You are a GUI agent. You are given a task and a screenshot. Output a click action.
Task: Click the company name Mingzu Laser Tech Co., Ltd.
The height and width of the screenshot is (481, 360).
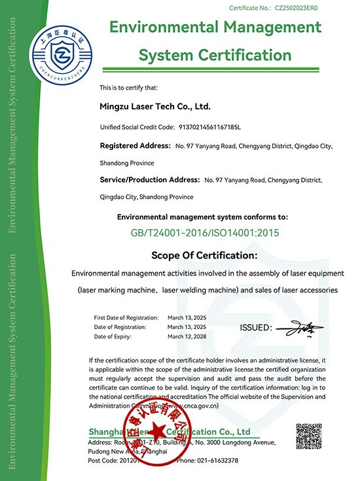coord(155,105)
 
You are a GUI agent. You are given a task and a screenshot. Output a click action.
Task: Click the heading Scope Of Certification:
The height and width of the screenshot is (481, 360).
coord(204,255)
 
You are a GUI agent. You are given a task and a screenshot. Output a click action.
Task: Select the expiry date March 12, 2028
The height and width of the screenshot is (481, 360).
coord(187,336)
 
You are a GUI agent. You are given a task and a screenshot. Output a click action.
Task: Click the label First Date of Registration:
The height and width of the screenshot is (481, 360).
coord(126,316)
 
